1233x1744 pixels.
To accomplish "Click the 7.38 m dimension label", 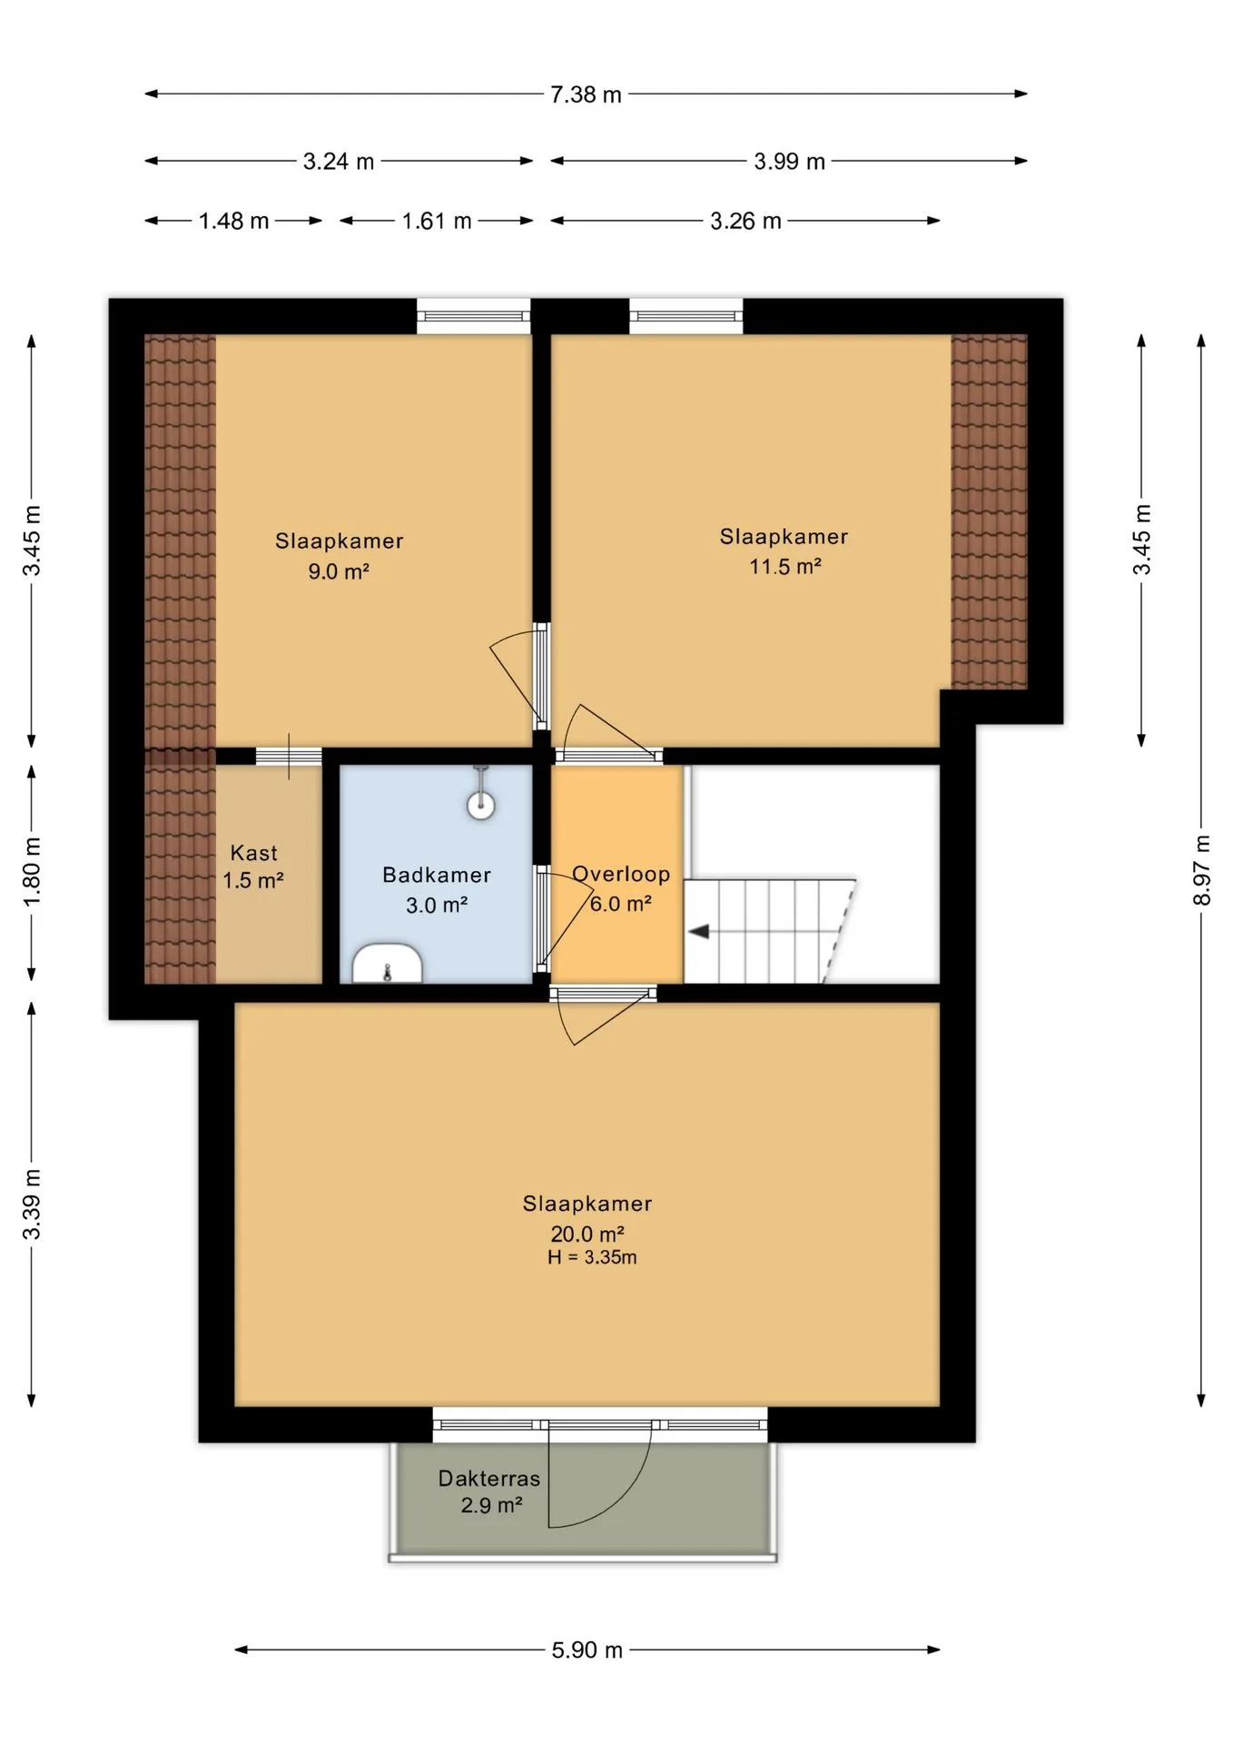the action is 586,94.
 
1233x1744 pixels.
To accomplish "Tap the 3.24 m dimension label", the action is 339,162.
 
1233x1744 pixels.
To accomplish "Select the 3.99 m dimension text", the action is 789,162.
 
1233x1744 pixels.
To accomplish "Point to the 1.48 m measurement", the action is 234,221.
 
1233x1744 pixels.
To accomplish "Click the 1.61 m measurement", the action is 437,221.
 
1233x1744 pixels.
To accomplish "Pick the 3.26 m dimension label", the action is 745,221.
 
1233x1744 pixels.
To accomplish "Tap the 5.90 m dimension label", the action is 587,1650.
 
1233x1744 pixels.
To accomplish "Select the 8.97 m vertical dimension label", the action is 1202,870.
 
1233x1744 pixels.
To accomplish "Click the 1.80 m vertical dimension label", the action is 32,871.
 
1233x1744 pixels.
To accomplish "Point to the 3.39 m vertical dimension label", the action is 32,1204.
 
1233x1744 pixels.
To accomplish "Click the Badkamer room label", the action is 437,875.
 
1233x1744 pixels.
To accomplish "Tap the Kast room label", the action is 254,853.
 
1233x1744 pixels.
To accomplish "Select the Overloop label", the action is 621,874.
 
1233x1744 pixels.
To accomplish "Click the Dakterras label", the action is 489,1479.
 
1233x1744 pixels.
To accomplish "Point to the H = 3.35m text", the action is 592,1258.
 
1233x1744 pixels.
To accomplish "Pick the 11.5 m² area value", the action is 785,567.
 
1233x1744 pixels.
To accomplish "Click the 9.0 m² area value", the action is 339,571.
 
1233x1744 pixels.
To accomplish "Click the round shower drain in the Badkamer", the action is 480,805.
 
